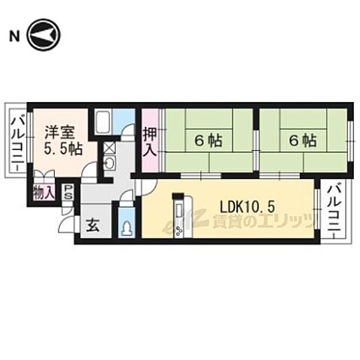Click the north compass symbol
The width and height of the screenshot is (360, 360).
(43, 34)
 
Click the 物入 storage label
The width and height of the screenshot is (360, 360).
(43, 192)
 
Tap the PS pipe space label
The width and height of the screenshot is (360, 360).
(68, 192)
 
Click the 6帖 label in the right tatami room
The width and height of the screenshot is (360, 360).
(302, 140)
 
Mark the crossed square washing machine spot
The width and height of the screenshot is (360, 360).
(109, 148)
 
